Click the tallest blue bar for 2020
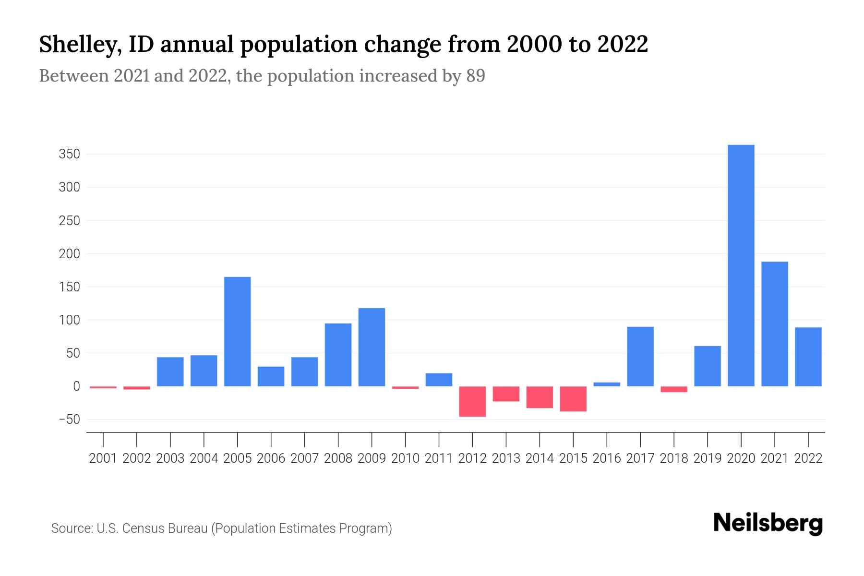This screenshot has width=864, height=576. [741, 265]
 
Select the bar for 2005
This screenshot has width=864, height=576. [238, 331]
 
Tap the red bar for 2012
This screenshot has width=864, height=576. [472, 401]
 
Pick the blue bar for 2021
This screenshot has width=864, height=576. [774, 324]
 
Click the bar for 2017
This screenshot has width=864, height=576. [640, 356]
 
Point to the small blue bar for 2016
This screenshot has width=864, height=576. [607, 384]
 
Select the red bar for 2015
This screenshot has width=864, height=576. [573, 399]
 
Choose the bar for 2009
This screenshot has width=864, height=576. [372, 347]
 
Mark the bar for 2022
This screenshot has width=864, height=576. [808, 357]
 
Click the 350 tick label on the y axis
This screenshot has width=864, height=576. [69, 155]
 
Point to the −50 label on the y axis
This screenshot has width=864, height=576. [69, 420]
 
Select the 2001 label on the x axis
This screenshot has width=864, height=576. [103, 458]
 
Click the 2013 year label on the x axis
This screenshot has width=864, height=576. [506, 458]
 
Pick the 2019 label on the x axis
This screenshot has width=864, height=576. [708, 458]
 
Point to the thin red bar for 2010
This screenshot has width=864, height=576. [405, 387]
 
